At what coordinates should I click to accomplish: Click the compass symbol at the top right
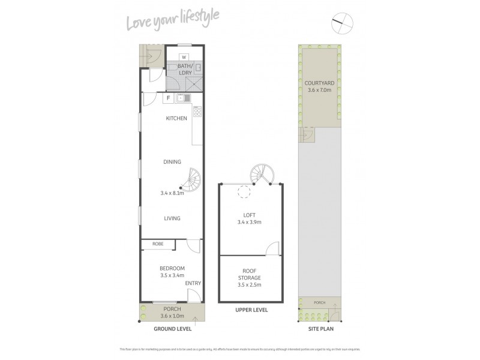[x=343, y=24]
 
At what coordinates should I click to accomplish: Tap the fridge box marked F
[x=169, y=98]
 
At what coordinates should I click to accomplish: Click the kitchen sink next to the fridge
[x=184, y=98]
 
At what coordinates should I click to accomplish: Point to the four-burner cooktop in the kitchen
[x=197, y=111]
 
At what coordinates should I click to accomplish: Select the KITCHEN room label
[x=176, y=118]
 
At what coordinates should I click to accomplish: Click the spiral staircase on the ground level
[x=193, y=179]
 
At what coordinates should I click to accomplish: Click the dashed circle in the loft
[x=244, y=193]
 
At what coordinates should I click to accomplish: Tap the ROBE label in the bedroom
[x=158, y=244]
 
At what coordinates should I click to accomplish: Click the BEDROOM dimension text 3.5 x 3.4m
[x=172, y=275]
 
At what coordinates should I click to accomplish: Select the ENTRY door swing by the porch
[x=194, y=295]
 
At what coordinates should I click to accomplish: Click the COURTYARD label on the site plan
[x=320, y=83]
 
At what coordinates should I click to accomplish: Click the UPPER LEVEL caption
[x=251, y=310]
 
